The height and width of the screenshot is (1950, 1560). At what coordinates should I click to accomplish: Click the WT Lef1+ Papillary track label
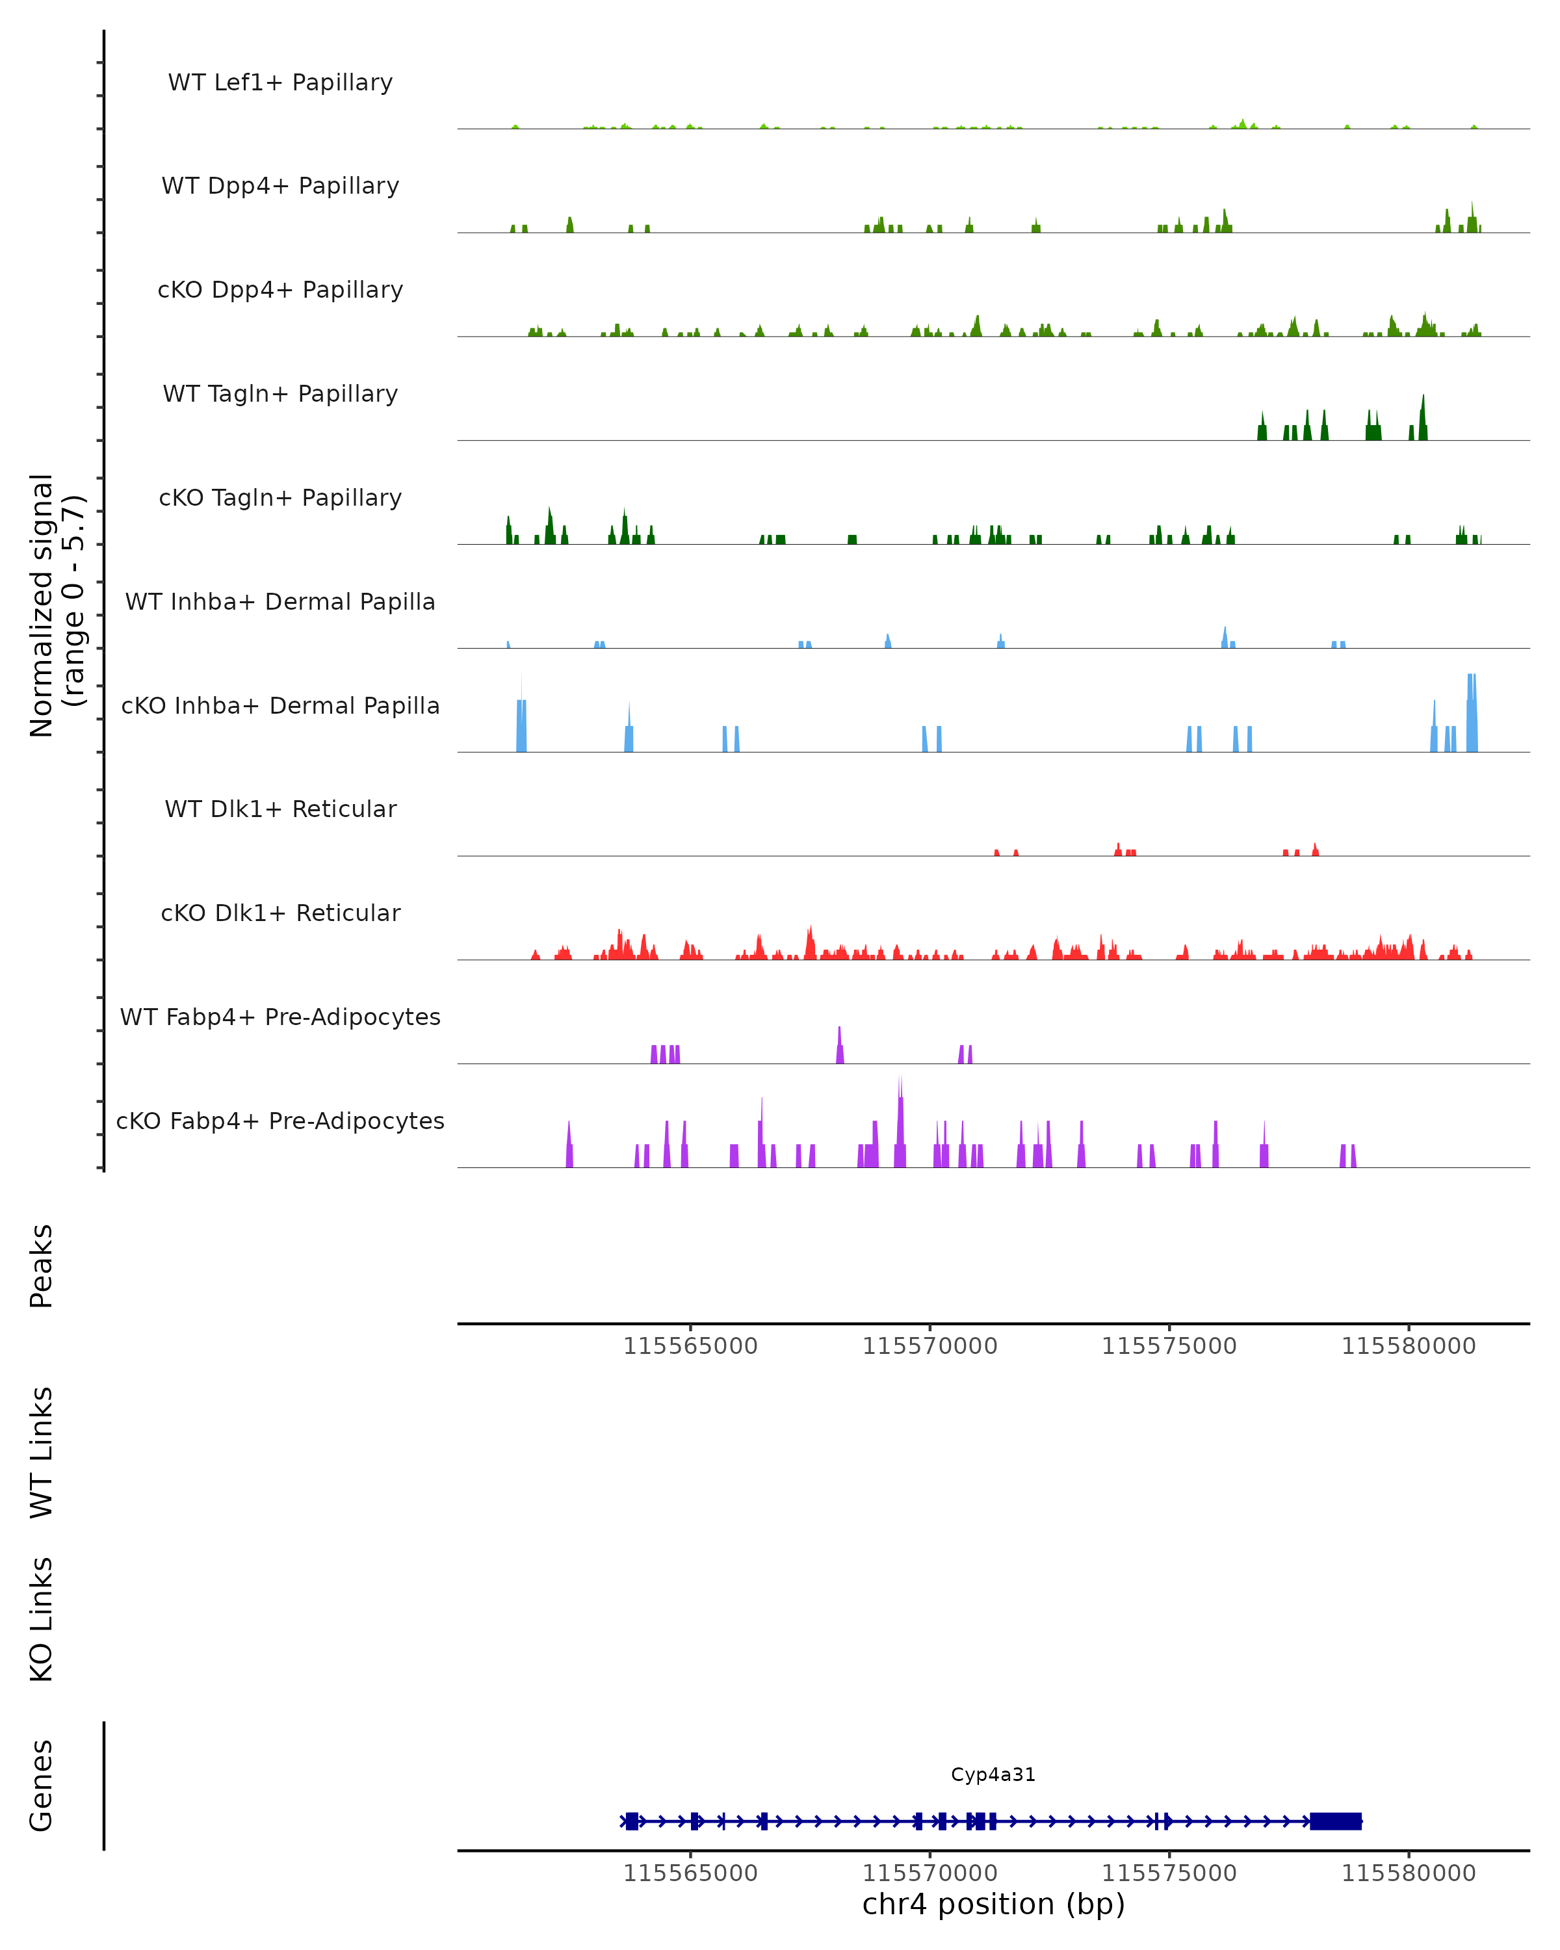(x=280, y=83)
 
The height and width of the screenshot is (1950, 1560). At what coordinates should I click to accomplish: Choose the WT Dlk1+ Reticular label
(x=280, y=809)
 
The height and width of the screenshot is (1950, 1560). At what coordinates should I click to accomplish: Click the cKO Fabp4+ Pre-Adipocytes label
(x=280, y=1121)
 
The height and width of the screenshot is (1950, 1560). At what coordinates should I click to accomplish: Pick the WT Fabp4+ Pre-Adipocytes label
(x=280, y=1017)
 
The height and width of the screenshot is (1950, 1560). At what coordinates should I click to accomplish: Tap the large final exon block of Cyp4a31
(x=1335, y=1821)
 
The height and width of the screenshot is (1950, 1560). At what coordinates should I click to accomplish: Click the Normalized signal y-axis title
(x=56, y=605)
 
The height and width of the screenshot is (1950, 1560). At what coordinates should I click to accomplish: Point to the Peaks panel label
(x=42, y=1266)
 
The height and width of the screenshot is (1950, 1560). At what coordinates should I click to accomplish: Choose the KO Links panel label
(x=42, y=1619)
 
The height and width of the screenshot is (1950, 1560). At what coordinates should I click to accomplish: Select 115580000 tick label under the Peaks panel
(x=1408, y=1346)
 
